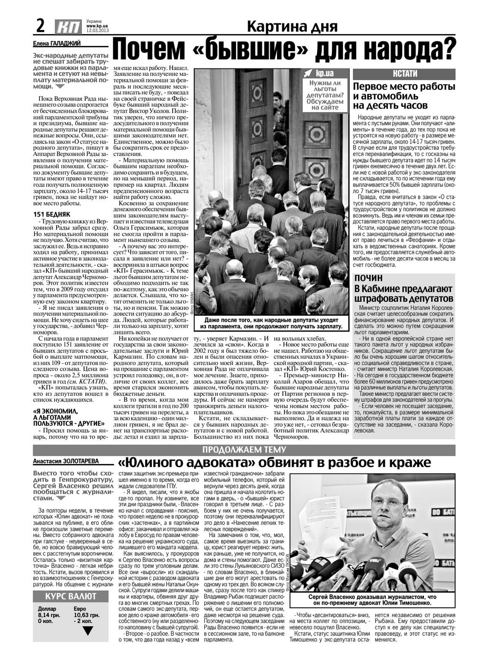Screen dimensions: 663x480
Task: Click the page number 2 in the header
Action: (x=40, y=26)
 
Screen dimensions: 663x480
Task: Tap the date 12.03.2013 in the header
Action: (x=97, y=31)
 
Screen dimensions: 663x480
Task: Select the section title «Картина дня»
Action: (x=292, y=27)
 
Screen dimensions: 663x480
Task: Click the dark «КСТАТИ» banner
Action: (x=404, y=74)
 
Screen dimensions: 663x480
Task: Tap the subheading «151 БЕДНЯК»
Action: (x=52, y=214)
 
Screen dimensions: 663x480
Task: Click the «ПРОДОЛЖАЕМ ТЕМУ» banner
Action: (x=244, y=449)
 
